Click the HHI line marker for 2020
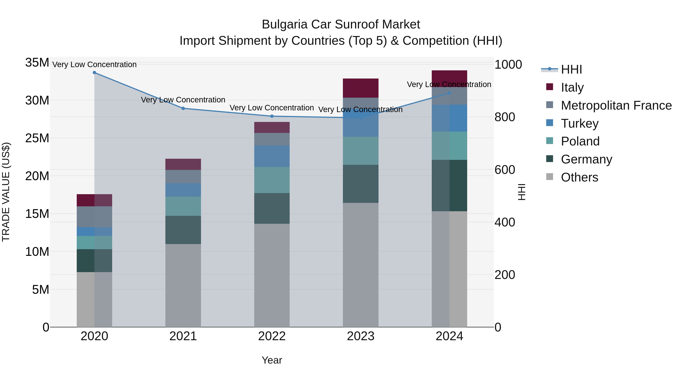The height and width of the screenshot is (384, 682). pyautogui.click(x=94, y=73)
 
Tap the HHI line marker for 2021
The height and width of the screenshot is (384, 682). pyautogui.click(x=183, y=108)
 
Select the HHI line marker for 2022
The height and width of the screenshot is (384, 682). pyautogui.click(x=272, y=116)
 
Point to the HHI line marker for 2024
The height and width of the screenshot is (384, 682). pyautogui.click(x=449, y=93)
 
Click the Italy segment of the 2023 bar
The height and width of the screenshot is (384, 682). pyautogui.click(x=361, y=88)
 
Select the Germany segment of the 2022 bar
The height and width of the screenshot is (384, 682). pyautogui.click(x=272, y=208)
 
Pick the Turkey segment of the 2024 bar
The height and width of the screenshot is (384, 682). pyautogui.click(x=449, y=118)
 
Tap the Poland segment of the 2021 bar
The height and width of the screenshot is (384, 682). pyautogui.click(x=183, y=206)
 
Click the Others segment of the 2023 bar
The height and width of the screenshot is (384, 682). pyautogui.click(x=361, y=265)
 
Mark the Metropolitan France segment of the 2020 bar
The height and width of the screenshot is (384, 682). pyautogui.click(x=94, y=217)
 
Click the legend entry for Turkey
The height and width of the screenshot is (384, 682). pyautogui.click(x=580, y=123)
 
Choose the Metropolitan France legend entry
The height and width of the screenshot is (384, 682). pyautogui.click(x=616, y=105)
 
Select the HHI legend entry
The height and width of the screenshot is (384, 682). pyautogui.click(x=571, y=69)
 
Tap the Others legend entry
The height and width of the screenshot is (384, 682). pyautogui.click(x=579, y=177)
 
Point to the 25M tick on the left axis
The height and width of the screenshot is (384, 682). pyautogui.click(x=37, y=138)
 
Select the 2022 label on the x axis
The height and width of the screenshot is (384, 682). pyautogui.click(x=272, y=336)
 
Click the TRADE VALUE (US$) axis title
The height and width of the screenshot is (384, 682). pyautogui.click(x=6, y=192)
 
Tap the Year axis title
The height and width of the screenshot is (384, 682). pyautogui.click(x=272, y=360)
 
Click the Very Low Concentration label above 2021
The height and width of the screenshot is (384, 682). pyautogui.click(x=183, y=100)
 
